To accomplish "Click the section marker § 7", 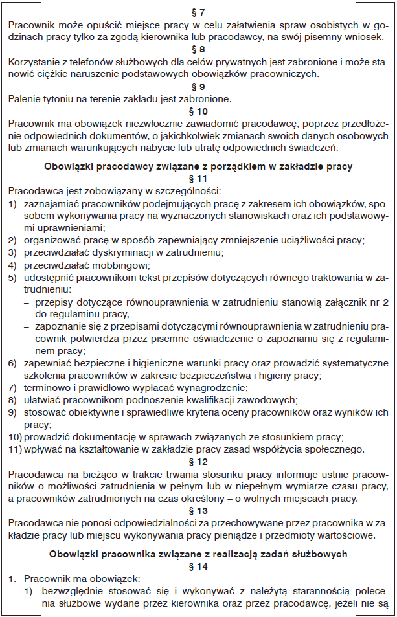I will (199, 12).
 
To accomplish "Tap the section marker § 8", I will (199, 49).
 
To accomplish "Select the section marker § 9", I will (199, 86).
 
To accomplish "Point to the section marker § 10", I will (199, 111).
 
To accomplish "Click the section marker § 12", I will (199, 462).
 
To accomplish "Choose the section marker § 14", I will (199, 566).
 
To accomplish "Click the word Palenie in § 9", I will (26, 98).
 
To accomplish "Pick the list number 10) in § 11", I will (14, 437).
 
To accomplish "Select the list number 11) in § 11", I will (14, 449).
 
